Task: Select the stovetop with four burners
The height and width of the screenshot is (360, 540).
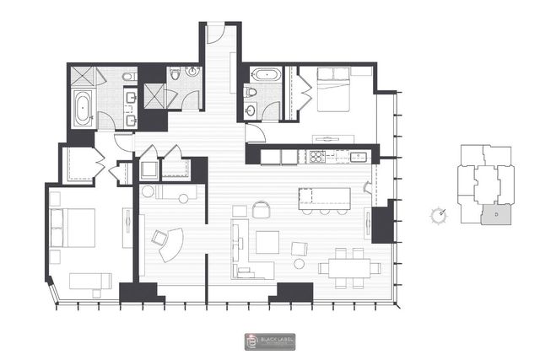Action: [x=318, y=156]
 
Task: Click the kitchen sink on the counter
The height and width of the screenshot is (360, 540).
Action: [x=354, y=156]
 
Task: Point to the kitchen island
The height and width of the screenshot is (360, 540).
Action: [x=323, y=197]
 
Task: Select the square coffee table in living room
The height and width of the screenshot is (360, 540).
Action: [x=268, y=242]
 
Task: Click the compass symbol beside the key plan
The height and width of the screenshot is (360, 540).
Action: [x=439, y=215]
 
